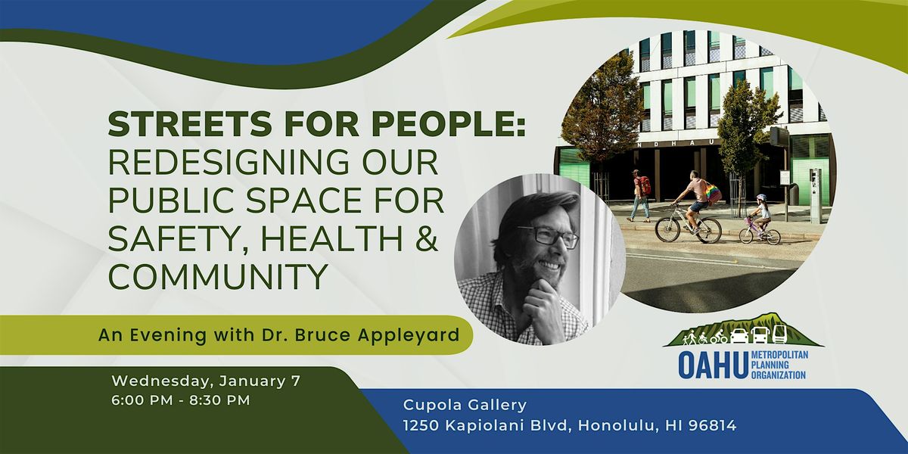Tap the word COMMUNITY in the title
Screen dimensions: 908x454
218,276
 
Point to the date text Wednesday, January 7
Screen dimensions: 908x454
206,381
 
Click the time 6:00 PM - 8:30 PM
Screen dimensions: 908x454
181,400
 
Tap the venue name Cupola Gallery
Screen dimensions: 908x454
465,405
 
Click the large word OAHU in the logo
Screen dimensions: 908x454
713,365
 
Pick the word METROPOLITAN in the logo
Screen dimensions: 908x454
779,355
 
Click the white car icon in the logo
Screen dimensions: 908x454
739,336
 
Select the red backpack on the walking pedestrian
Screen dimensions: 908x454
644,185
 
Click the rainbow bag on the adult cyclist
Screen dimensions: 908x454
714,192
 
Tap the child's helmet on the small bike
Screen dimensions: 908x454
762,197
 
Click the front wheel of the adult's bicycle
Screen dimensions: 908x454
668,230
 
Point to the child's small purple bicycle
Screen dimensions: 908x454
760,231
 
